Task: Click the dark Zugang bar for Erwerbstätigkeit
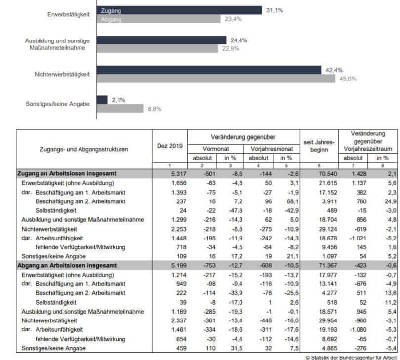click(179, 10)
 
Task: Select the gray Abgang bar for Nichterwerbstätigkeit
click(216, 79)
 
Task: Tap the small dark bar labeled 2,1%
click(102, 100)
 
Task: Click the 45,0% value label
click(348, 79)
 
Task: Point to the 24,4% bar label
click(239, 40)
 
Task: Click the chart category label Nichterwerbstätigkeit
click(62, 74)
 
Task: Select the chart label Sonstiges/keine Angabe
click(58, 104)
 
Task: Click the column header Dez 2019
click(170, 146)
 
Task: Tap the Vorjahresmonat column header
click(272, 149)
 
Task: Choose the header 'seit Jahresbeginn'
click(319, 146)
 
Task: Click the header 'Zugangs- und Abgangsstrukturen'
click(84, 149)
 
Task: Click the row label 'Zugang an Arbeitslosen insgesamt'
click(67, 173)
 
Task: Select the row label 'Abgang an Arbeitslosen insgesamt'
click(67, 265)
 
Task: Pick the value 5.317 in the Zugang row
click(179, 174)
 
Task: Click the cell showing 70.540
click(328, 174)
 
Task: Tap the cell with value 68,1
click(293, 201)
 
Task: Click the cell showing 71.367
click(328, 266)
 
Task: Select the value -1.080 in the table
click(358, 330)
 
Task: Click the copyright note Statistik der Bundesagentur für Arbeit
click(351, 358)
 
